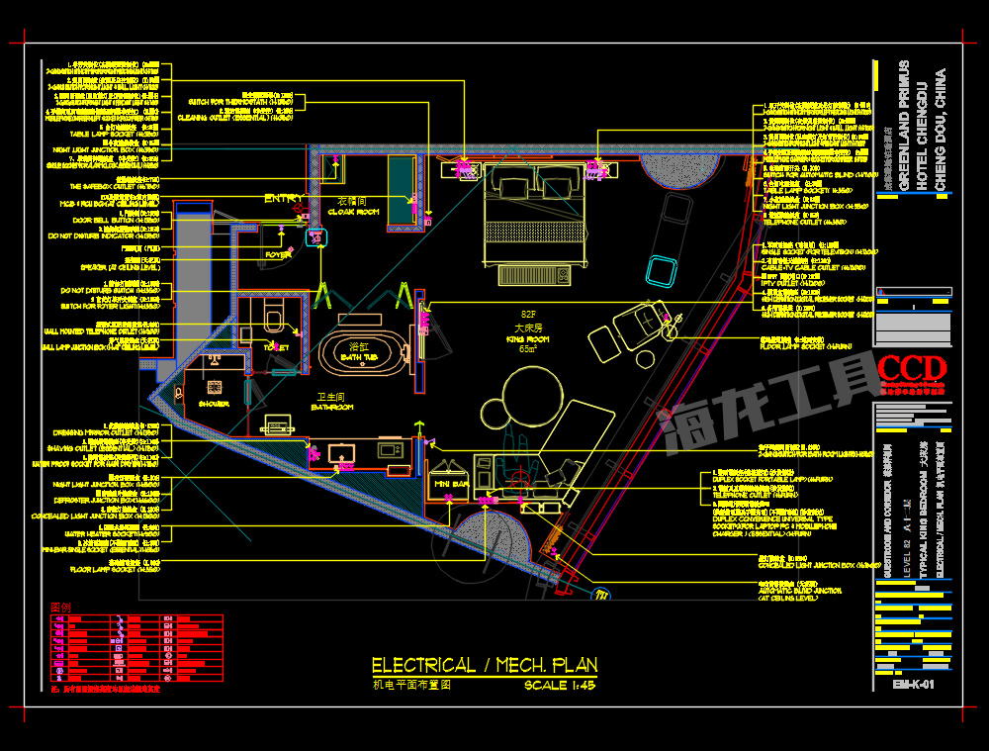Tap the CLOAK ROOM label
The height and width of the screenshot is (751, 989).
353,212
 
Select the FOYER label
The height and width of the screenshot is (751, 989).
278,254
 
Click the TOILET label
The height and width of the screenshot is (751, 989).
276,347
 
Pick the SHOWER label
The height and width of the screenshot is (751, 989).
214,404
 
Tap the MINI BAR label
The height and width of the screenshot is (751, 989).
451,485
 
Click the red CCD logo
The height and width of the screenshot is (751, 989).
911,368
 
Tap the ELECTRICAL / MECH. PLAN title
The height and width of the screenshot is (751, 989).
484,665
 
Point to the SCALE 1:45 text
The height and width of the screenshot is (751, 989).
560,685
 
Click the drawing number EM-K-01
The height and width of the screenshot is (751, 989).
912,684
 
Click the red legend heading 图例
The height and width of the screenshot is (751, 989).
61,608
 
